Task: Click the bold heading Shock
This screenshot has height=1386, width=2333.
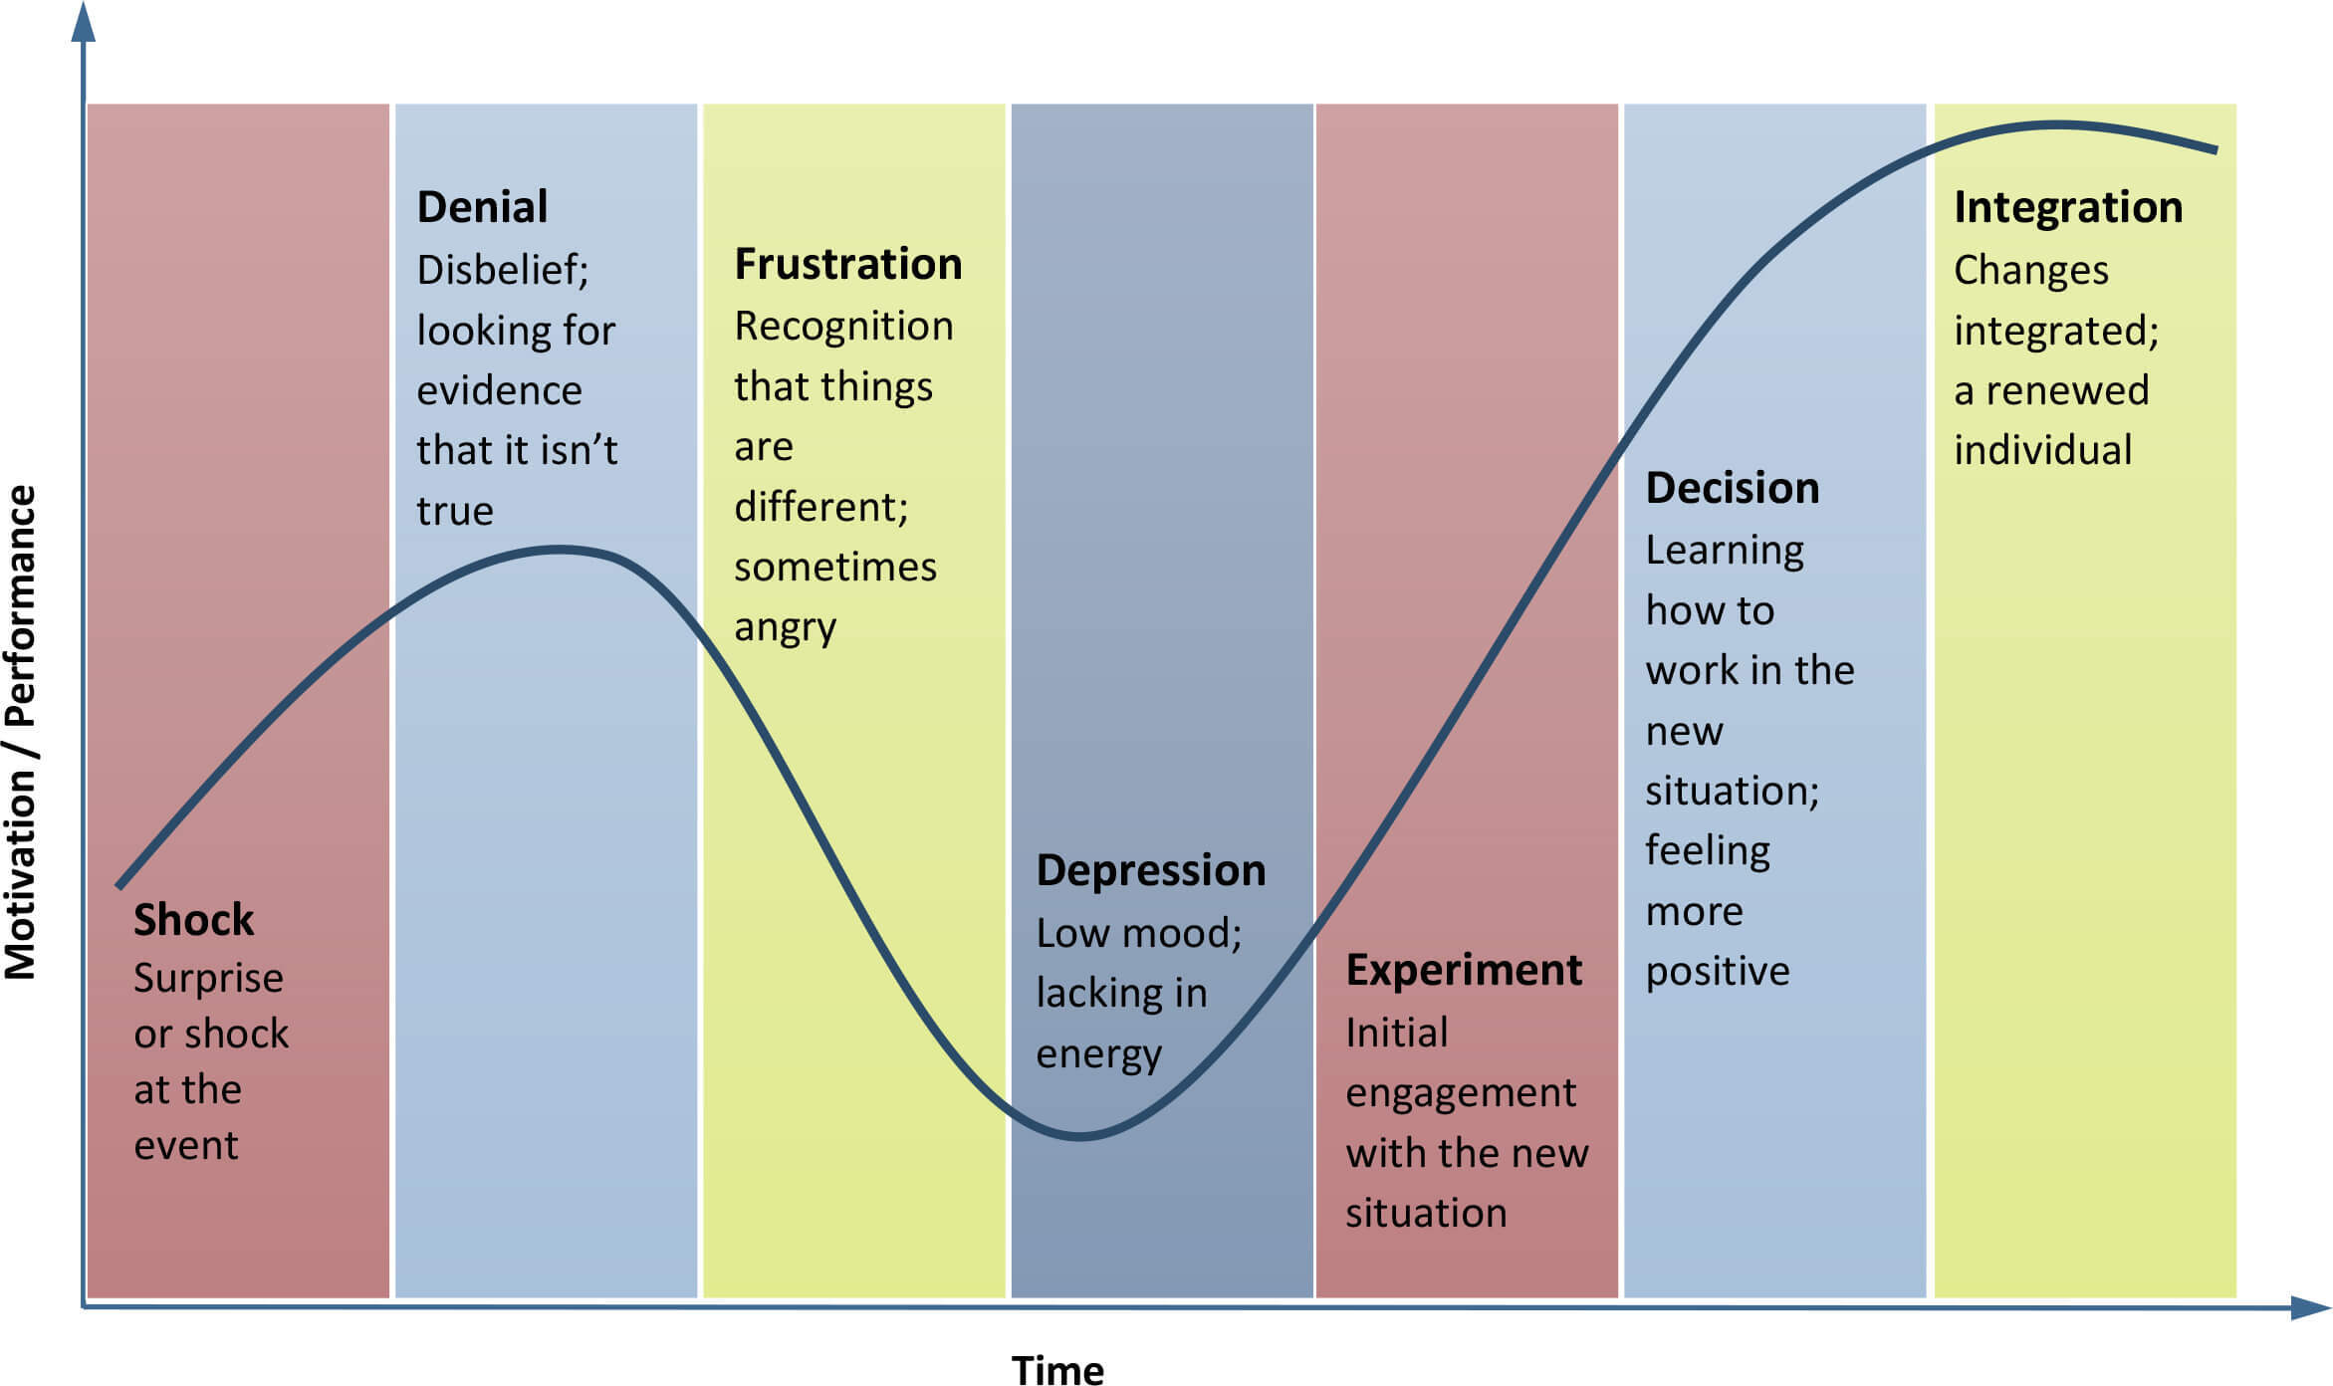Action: click(194, 919)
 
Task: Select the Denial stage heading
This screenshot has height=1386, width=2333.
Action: click(482, 207)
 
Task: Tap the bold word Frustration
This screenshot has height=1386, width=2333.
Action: click(848, 264)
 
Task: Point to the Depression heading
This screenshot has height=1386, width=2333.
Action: click(1151, 871)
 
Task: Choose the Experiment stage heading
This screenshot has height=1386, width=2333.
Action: click(1464, 971)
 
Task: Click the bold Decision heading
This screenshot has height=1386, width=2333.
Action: click(1733, 488)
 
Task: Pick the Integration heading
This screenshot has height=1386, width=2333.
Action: click(2068, 208)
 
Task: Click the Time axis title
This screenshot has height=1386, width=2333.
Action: click(1057, 1370)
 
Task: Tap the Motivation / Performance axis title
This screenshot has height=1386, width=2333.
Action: click(21, 732)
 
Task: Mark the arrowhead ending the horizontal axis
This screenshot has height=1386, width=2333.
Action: click(2310, 1307)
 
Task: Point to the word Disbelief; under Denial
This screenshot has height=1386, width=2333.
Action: click(503, 270)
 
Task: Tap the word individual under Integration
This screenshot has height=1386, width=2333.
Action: click(2043, 450)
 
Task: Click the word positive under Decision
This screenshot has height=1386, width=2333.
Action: click(1718, 972)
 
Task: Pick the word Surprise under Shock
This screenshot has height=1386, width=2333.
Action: click(208, 979)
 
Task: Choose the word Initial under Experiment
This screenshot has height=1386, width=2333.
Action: click(1397, 1033)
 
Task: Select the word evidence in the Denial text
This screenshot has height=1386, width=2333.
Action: click(499, 390)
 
